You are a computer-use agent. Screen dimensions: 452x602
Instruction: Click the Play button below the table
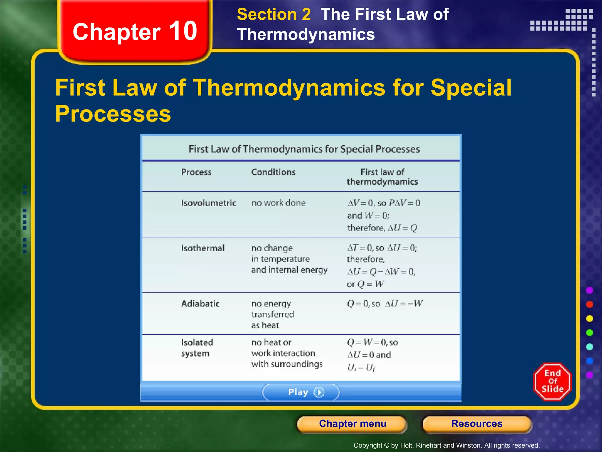301,392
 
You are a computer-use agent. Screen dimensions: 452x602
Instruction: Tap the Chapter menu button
352,424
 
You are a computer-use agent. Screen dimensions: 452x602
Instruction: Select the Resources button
477,424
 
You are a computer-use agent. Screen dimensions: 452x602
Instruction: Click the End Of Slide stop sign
552,381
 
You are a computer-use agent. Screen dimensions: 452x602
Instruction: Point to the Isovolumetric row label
208,203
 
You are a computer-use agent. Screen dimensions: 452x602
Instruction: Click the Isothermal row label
203,248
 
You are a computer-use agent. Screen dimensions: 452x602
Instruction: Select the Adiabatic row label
200,304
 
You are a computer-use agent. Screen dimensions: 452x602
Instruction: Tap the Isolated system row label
197,348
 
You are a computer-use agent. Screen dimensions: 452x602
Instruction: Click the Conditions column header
273,172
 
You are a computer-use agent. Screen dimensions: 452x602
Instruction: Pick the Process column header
196,172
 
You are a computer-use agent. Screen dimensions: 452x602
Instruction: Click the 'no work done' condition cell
278,203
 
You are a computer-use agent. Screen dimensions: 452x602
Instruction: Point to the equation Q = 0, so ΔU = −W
385,304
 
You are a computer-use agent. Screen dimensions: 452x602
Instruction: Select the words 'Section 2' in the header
274,14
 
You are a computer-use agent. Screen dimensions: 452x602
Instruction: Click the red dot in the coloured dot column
589,304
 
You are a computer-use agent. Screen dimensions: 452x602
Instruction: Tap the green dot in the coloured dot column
589,333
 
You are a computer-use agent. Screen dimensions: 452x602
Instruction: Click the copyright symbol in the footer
387,446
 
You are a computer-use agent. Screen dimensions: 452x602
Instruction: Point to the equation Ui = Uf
361,368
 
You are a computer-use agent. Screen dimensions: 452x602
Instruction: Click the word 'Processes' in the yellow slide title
113,114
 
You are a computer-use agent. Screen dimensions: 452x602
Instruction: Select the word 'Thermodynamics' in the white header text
306,34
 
